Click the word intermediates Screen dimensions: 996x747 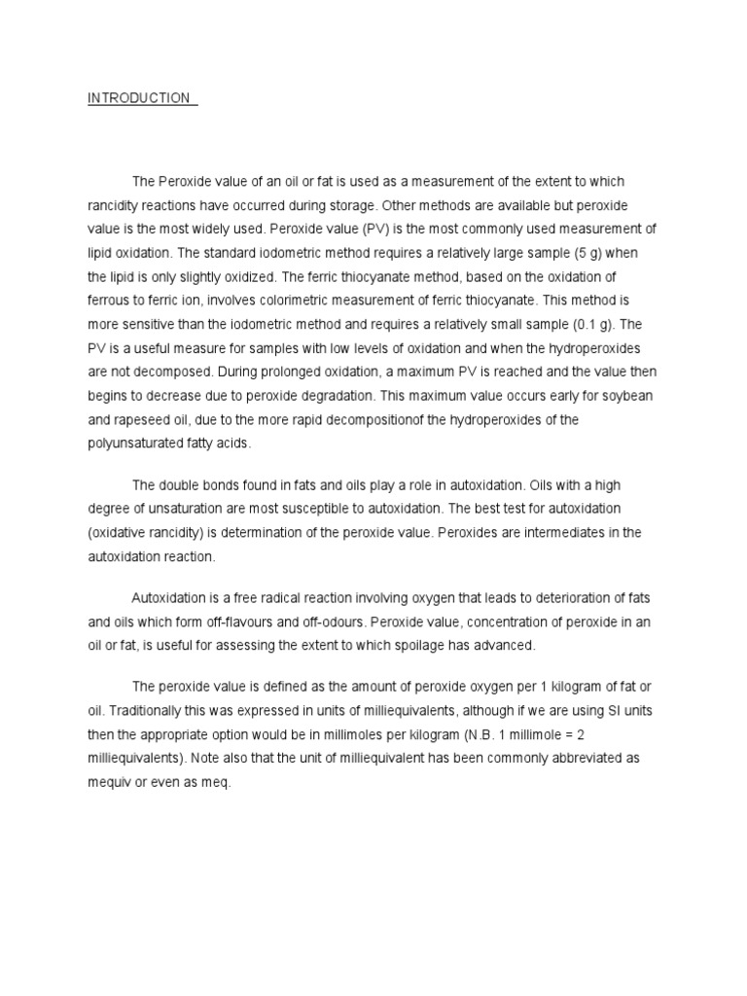557,532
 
